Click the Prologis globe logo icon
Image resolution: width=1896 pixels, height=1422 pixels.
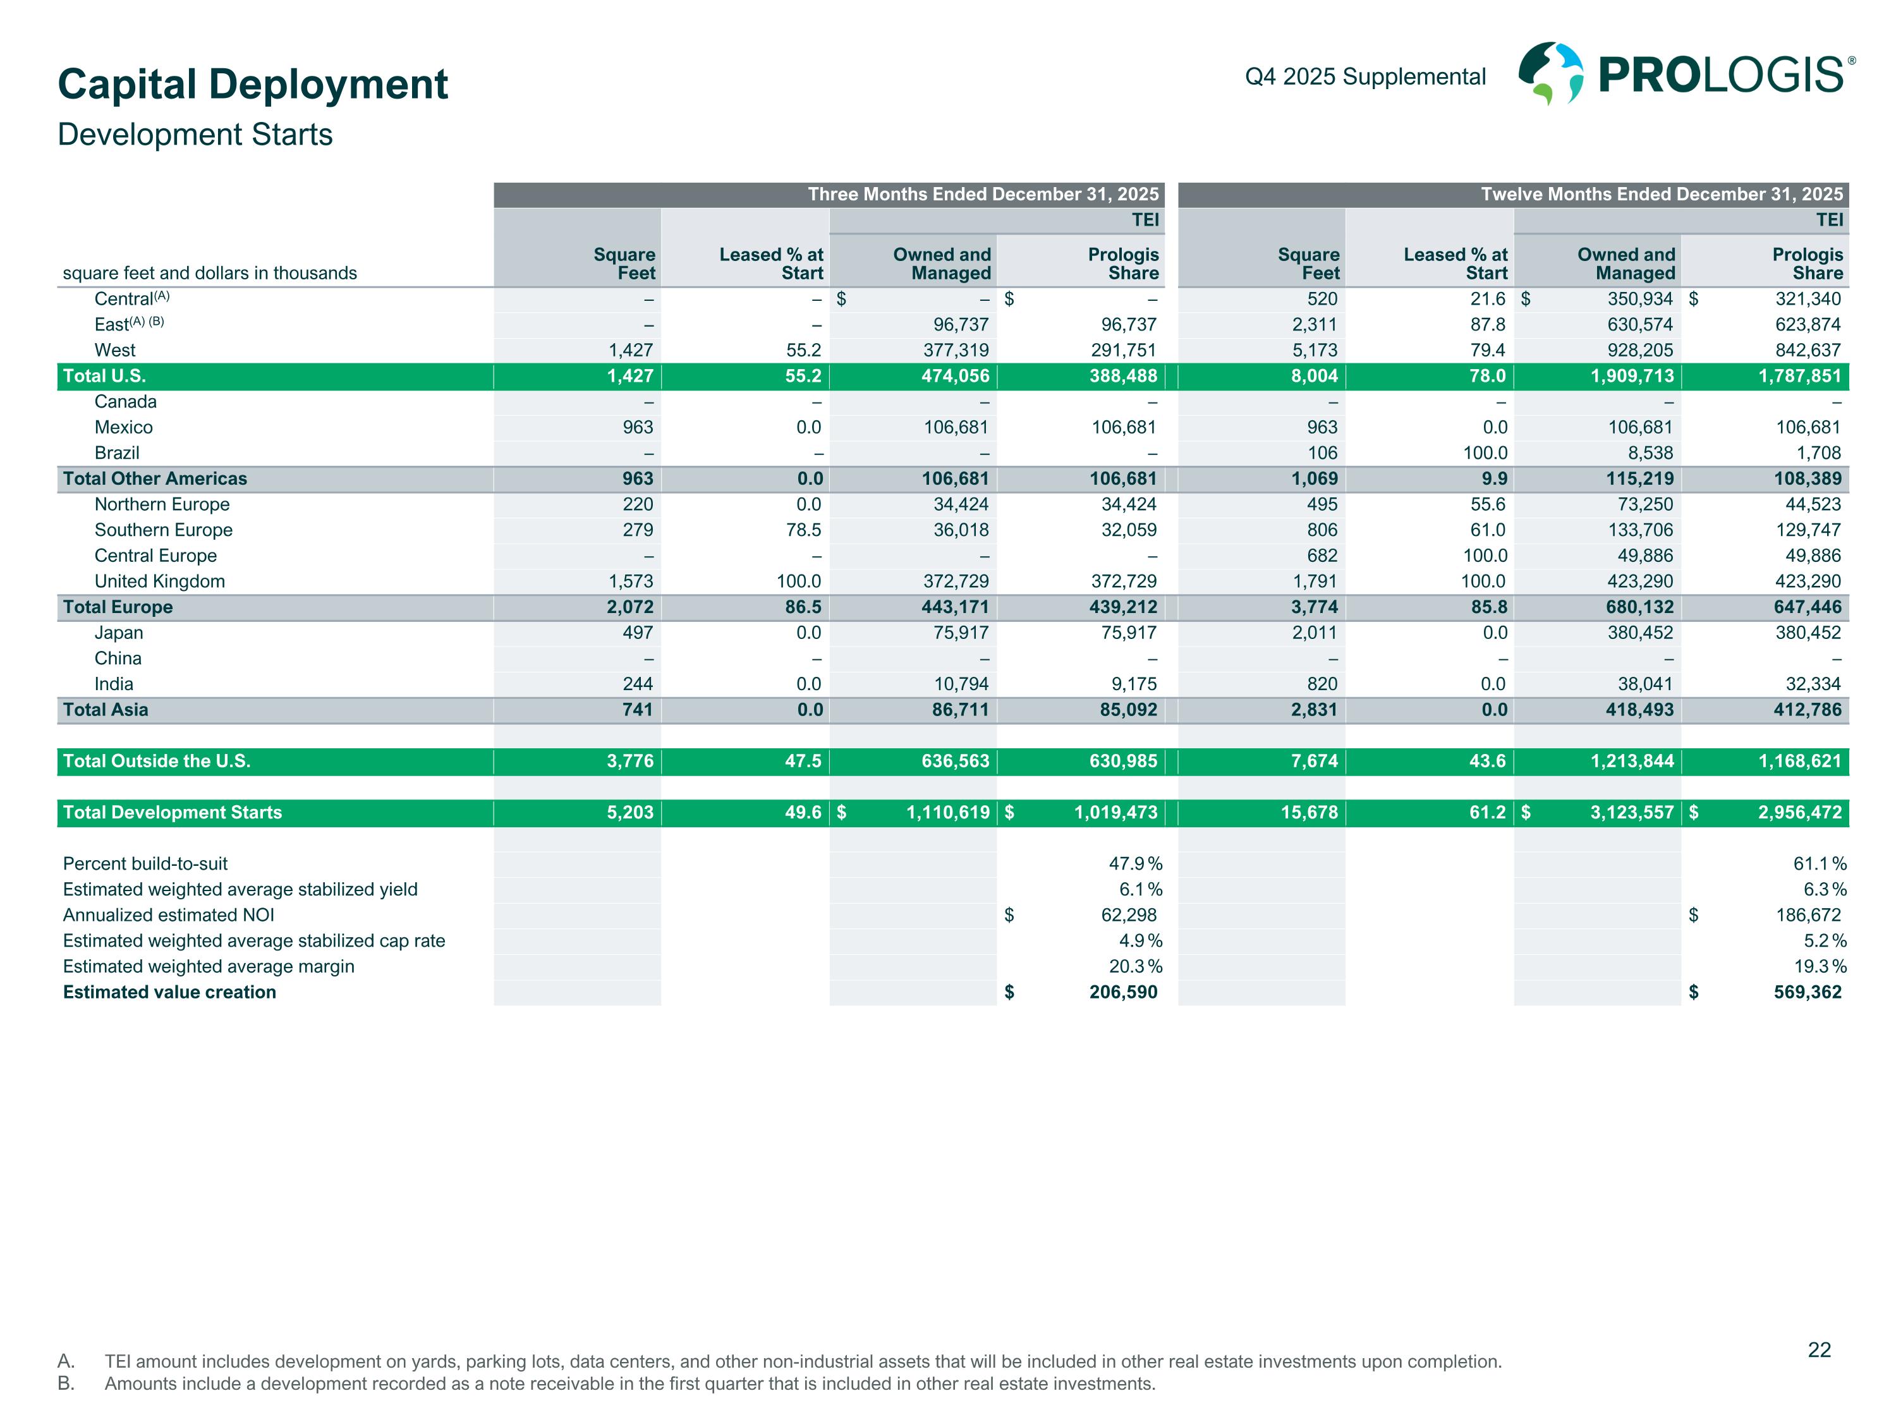tap(1550, 74)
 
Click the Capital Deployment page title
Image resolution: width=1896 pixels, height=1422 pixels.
tap(253, 84)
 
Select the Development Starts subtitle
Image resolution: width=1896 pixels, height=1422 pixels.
tap(195, 135)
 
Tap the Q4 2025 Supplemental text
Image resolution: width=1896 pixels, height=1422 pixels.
tap(1364, 77)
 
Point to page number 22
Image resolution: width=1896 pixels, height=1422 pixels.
tap(1819, 1350)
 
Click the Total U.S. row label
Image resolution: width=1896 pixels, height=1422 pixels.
tap(104, 376)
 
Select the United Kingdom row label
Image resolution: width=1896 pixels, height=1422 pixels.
tap(159, 581)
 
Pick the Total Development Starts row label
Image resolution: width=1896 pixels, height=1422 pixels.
tap(173, 813)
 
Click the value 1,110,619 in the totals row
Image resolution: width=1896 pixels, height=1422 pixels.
tap(947, 813)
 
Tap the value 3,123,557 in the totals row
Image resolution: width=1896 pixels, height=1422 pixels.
tap(1631, 813)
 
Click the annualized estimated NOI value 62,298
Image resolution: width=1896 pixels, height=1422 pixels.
tap(1128, 915)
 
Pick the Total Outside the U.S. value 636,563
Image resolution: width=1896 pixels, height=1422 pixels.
tap(955, 761)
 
